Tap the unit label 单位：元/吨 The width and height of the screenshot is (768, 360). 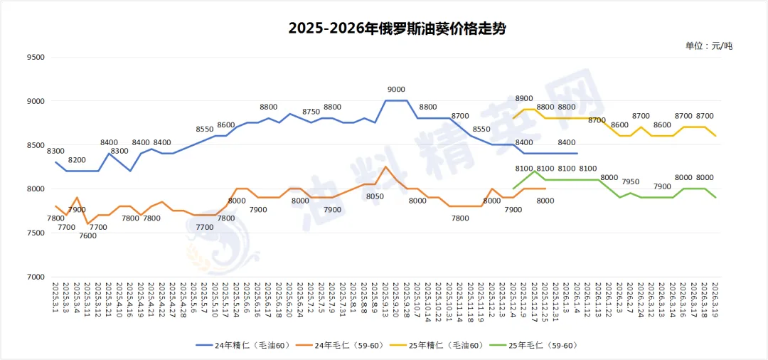[x=708, y=46]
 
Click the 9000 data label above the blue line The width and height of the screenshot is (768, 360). [x=396, y=90]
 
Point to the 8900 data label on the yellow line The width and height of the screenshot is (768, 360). [x=524, y=98]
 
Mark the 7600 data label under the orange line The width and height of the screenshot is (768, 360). [x=88, y=235]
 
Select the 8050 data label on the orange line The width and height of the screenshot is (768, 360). [x=375, y=196]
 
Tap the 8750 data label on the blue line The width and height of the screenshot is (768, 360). [x=311, y=112]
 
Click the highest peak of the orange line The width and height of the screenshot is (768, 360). [x=385, y=166]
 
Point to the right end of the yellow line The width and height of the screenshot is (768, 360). [x=715, y=136]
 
